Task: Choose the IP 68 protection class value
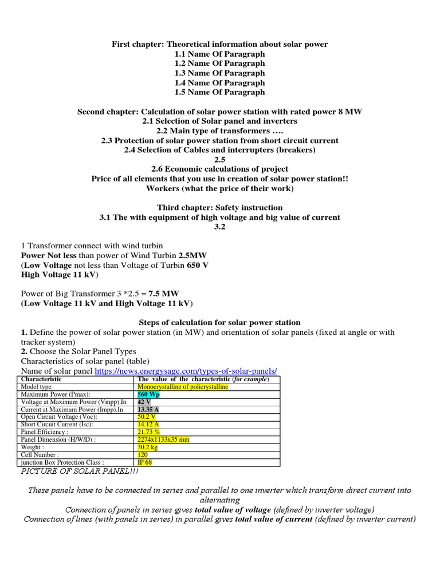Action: (145, 462)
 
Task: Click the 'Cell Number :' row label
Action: (40, 454)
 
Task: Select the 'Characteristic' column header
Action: (41, 379)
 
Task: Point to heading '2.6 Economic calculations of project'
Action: (219, 169)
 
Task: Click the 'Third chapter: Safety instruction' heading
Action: (219, 207)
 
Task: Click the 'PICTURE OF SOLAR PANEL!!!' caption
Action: (79, 471)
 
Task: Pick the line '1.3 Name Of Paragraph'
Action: (219, 73)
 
